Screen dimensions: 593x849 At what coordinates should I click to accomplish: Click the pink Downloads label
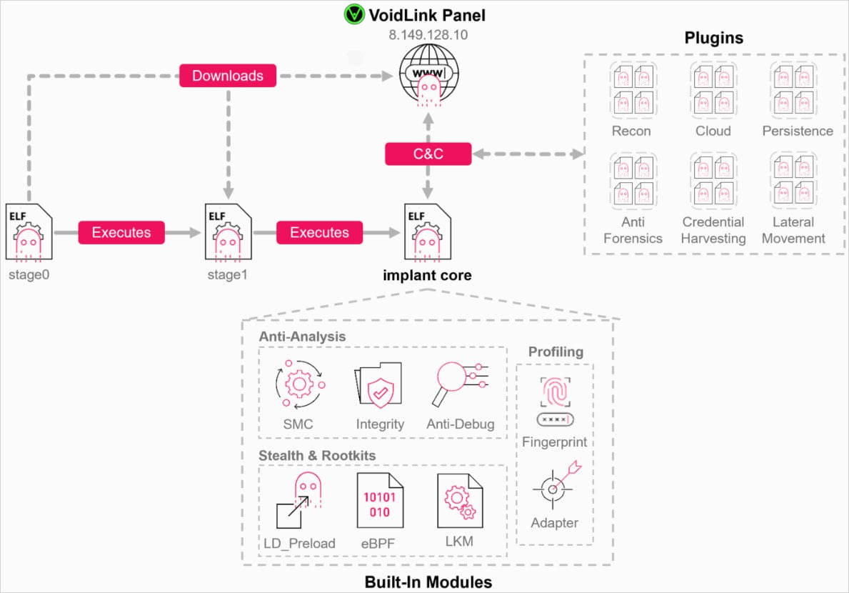228,76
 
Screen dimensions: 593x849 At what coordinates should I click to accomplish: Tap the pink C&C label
428,154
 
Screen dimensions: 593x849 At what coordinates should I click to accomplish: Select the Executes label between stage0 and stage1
121,232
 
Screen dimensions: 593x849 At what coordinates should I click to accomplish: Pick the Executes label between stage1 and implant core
319,232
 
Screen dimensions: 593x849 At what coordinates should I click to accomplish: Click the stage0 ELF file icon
29,233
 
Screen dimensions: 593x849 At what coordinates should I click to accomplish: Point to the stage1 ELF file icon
227,233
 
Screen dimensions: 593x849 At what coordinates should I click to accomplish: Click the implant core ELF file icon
427,233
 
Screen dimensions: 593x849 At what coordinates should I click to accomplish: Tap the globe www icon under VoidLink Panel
428,75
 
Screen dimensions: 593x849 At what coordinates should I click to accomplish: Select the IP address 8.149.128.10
428,34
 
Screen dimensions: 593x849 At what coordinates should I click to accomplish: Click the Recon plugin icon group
632,89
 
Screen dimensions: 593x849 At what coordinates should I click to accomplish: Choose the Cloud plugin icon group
713,89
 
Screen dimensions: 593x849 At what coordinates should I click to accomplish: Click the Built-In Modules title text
428,582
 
